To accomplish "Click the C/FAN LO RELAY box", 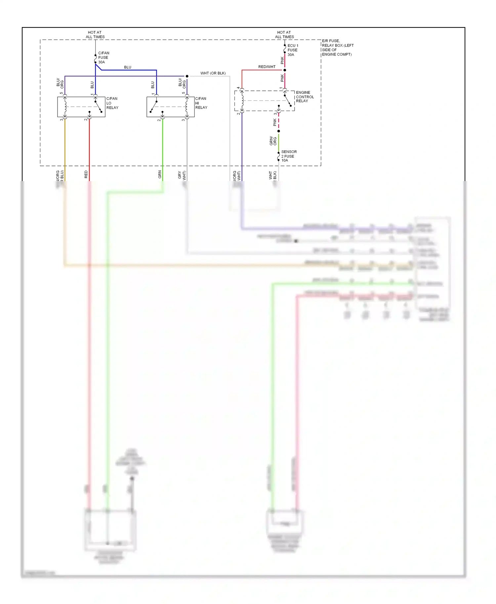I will click(x=81, y=107).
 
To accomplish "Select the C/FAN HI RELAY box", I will click(x=170, y=107).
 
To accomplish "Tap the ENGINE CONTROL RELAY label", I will click(x=305, y=97).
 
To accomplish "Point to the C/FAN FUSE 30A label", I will click(x=103, y=57).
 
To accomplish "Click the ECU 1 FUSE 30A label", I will click(x=293, y=50).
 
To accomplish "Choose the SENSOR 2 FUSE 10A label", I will click(x=289, y=156).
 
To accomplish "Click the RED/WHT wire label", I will click(x=267, y=67).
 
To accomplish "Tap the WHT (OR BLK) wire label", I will click(x=213, y=73).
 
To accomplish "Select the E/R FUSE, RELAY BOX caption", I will click(x=338, y=48).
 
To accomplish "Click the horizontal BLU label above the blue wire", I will click(x=128, y=67).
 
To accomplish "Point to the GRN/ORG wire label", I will click(x=273, y=141).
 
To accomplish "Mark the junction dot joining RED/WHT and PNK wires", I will click(x=285, y=70).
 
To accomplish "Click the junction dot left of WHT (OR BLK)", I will click(x=187, y=76).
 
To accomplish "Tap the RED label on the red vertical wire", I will click(x=86, y=174).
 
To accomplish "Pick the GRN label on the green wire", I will click(x=160, y=174).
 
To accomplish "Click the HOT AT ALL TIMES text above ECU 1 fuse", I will click(x=284, y=35).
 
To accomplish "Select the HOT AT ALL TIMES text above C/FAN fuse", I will click(x=95, y=35).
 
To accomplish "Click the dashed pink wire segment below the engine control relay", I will click(x=279, y=122).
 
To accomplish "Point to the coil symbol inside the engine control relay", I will click(x=242, y=100).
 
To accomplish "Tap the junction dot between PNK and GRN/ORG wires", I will click(x=279, y=131).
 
